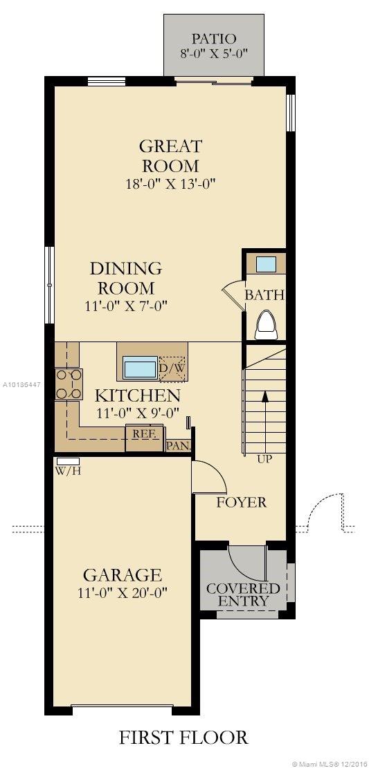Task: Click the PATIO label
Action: pos(214,39)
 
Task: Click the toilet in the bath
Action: pos(265,324)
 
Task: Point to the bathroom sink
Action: pos(266,264)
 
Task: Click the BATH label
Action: pos(264,295)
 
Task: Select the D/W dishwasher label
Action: pos(172,367)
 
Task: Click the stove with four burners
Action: pos(69,384)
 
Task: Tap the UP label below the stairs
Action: pos(264,459)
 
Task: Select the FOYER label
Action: pos(241,502)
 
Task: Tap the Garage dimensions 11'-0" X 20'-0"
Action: pos(123,592)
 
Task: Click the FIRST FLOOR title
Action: pos(183,738)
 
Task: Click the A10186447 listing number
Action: pos(21,383)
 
